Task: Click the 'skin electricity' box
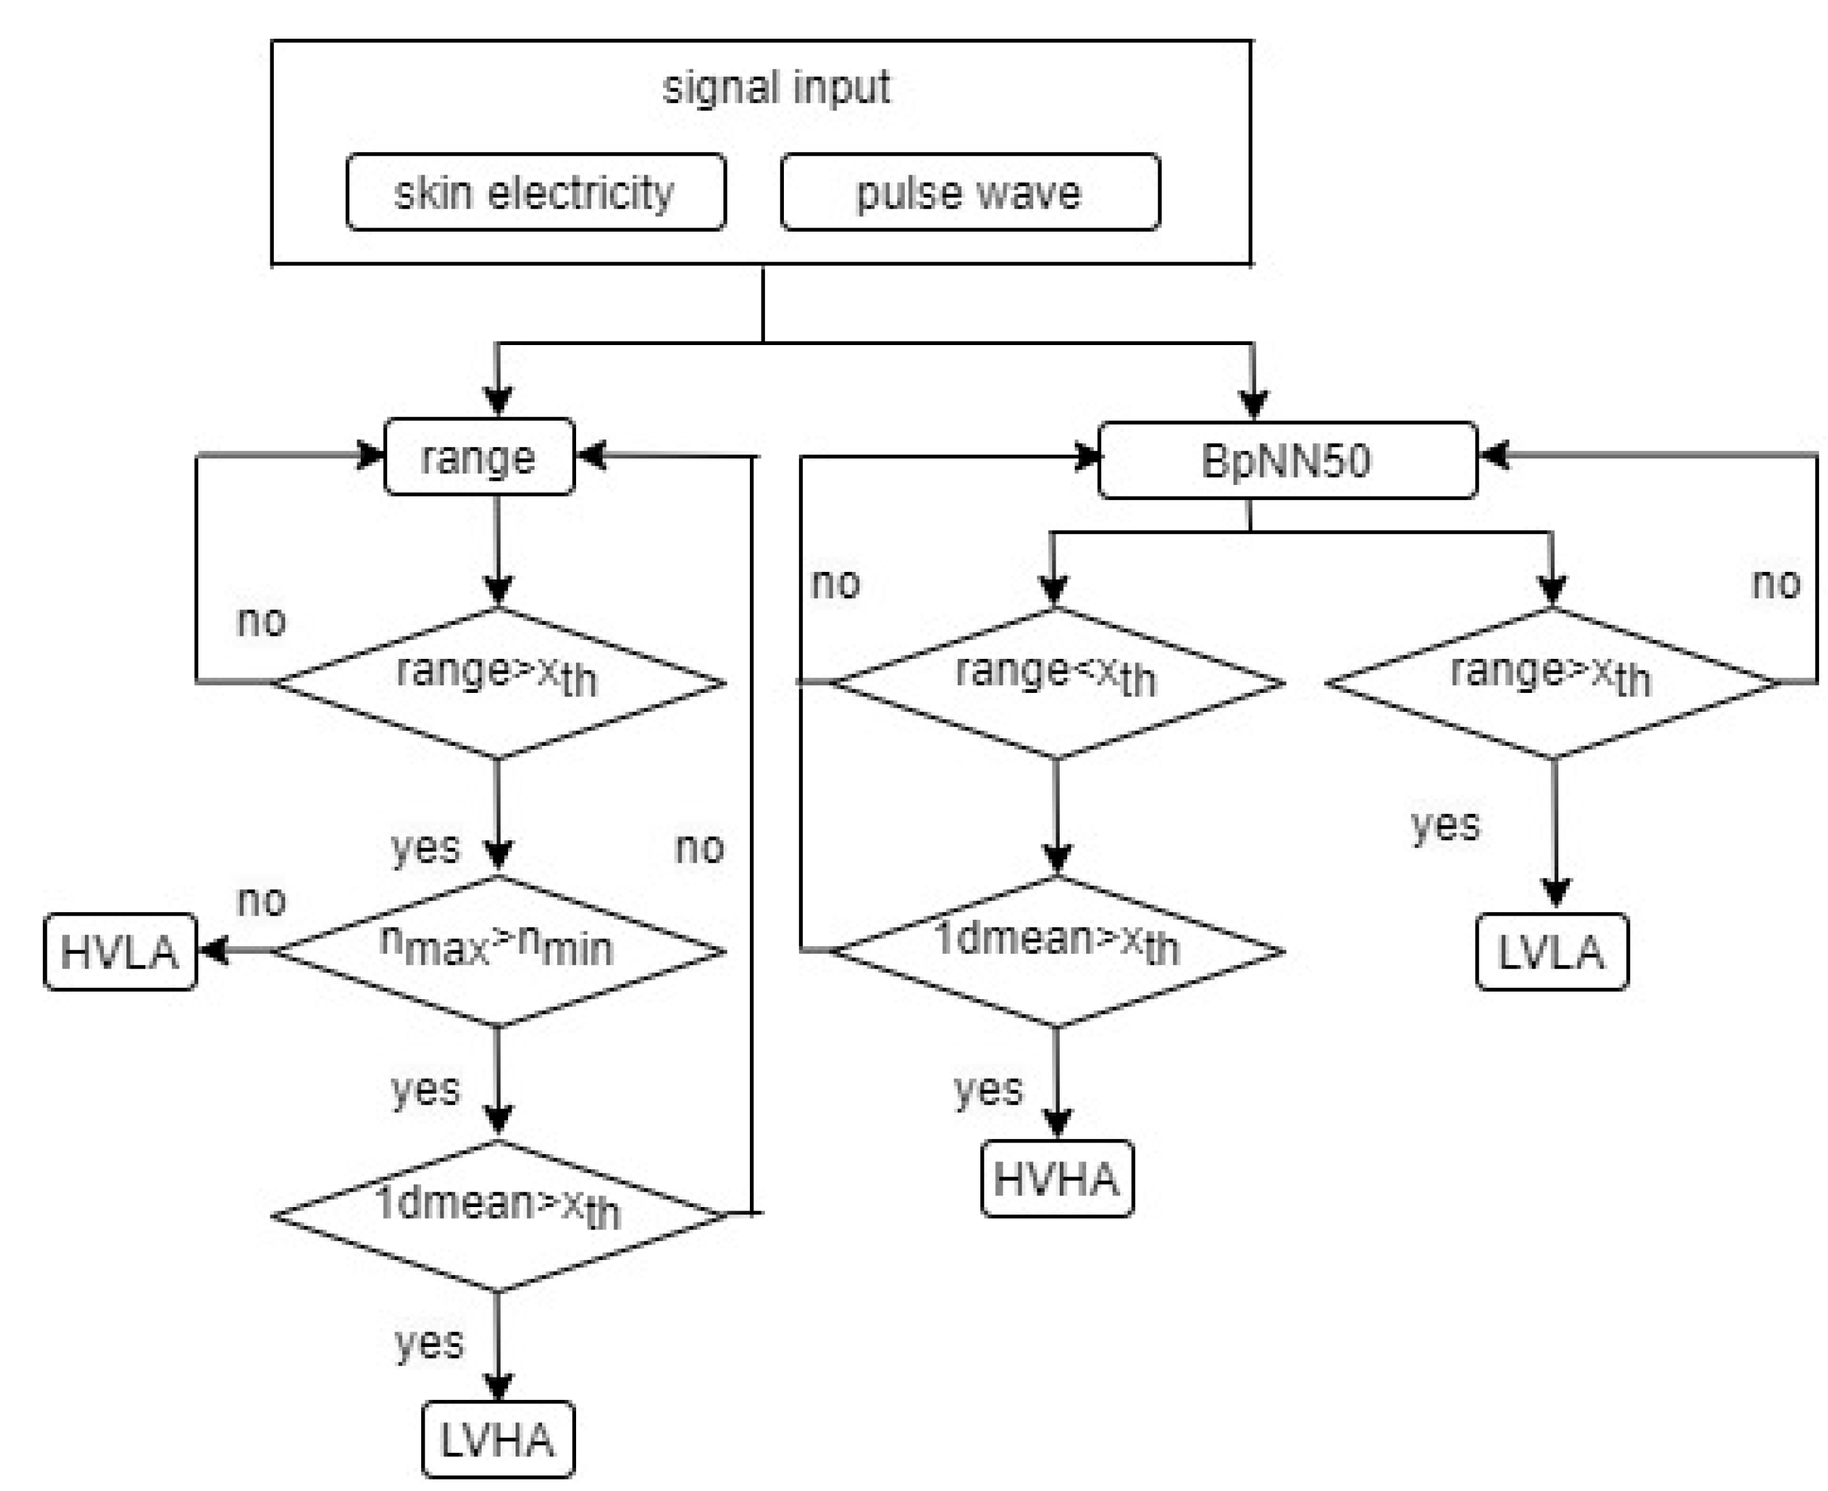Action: (x=535, y=192)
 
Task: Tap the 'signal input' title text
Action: (x=776, y=88)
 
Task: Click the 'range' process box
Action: (x=478, y=457)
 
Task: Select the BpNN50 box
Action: (x=1287, y=461)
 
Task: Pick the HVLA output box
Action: (x=120, y=952)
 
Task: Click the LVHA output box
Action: (x=498, y=1439)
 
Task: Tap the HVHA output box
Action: (x=1056, y=1179)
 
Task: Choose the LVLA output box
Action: (x=1552, y=952)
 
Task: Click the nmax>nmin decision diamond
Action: (x=498, y=952)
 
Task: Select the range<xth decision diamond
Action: (x=1056, y=683)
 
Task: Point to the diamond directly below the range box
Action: (x=498, y=683)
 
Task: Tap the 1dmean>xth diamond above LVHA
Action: (x=498, y=1215)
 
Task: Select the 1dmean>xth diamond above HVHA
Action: (x=1056, y=952)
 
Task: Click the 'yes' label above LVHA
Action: (x=429, y=1344)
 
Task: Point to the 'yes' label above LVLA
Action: (x=1446, y=825)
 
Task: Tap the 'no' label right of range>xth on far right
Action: (x=1776, y=584)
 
